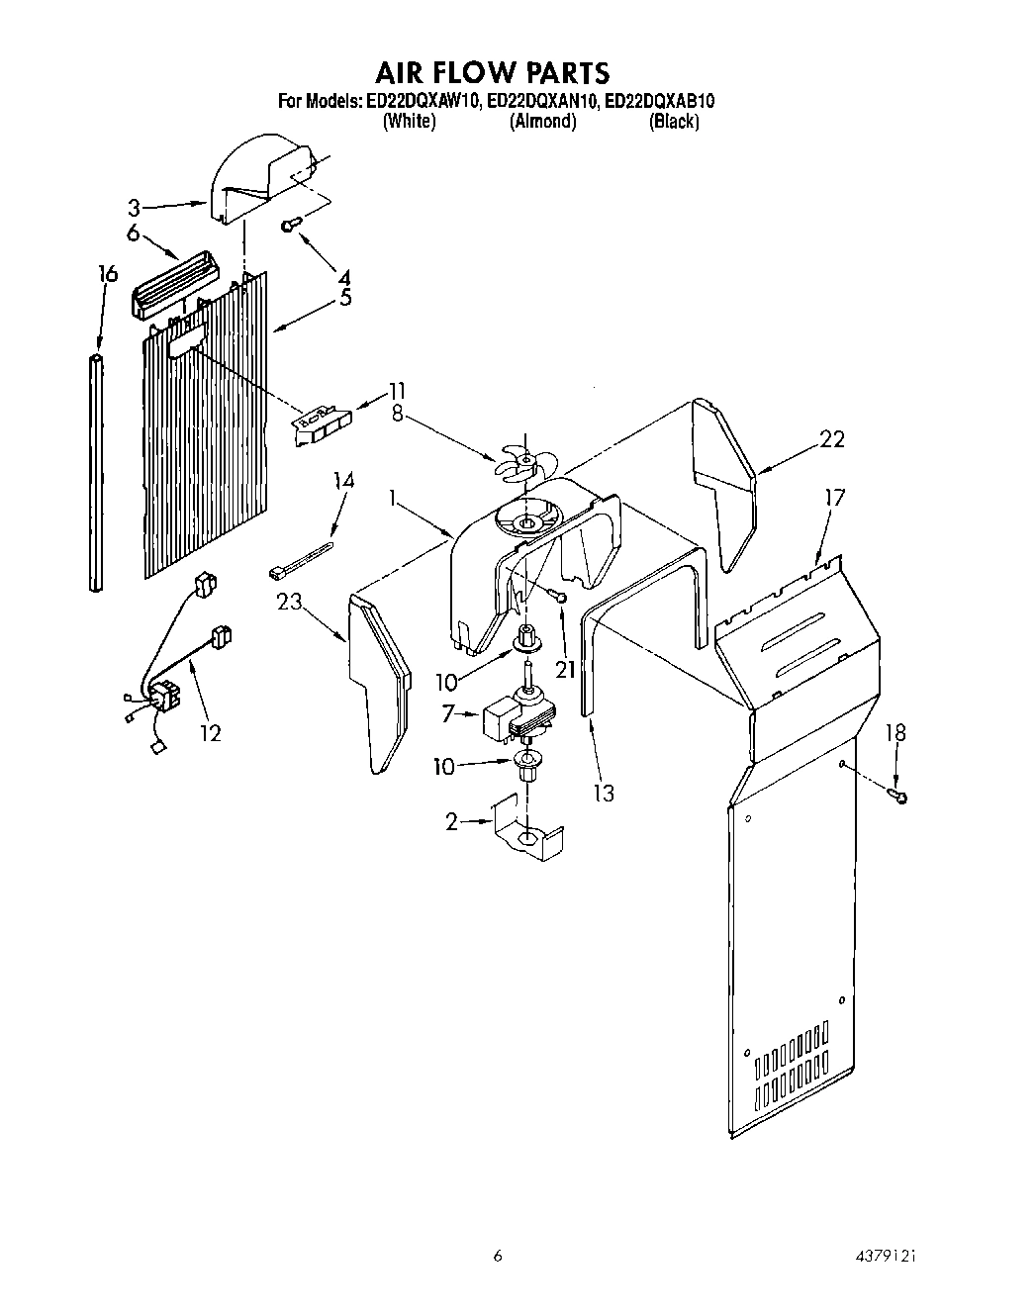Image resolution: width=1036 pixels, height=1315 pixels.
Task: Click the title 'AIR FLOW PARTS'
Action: click(492, 72)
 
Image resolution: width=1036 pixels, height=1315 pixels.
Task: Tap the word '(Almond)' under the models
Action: click(542, 122)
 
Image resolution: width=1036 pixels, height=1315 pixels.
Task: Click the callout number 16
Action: click(108, 274)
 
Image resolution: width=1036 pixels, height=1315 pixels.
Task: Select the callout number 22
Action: click(832, 439)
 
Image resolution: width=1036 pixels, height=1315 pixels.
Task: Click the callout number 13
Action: click(604, 792)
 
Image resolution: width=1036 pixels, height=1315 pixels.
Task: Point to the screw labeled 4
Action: click(290, 226)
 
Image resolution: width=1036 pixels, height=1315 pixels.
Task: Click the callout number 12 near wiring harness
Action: click(210, 732)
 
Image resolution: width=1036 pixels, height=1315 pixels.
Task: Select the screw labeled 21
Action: click(559, 596)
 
